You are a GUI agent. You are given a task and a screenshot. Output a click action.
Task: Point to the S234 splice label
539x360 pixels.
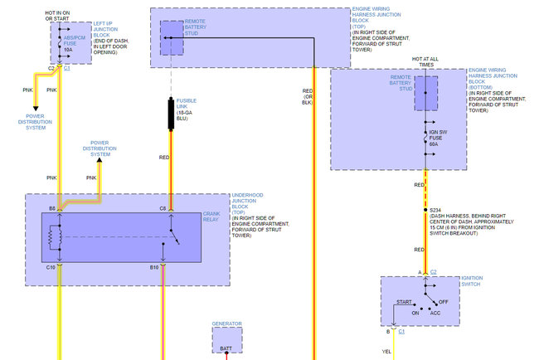point(436,211)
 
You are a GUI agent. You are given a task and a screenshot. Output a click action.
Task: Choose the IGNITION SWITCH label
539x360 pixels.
point(472,282)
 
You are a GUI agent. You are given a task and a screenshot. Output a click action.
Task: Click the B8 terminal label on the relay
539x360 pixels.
point(51,208)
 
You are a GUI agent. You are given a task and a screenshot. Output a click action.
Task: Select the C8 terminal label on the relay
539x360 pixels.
point(163,208)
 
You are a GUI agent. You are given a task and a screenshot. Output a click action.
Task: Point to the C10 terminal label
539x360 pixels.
point(51,267)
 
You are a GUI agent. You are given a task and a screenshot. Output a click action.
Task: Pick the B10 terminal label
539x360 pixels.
point(154,267)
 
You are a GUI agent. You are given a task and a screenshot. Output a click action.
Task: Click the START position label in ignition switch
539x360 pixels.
point(405,302)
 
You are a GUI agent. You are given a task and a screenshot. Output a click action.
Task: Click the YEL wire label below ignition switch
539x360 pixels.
point(386,351)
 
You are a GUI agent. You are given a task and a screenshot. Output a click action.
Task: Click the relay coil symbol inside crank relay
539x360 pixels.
point(56,237)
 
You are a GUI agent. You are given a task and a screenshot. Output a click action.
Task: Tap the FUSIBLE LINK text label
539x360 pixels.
point(187,105)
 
